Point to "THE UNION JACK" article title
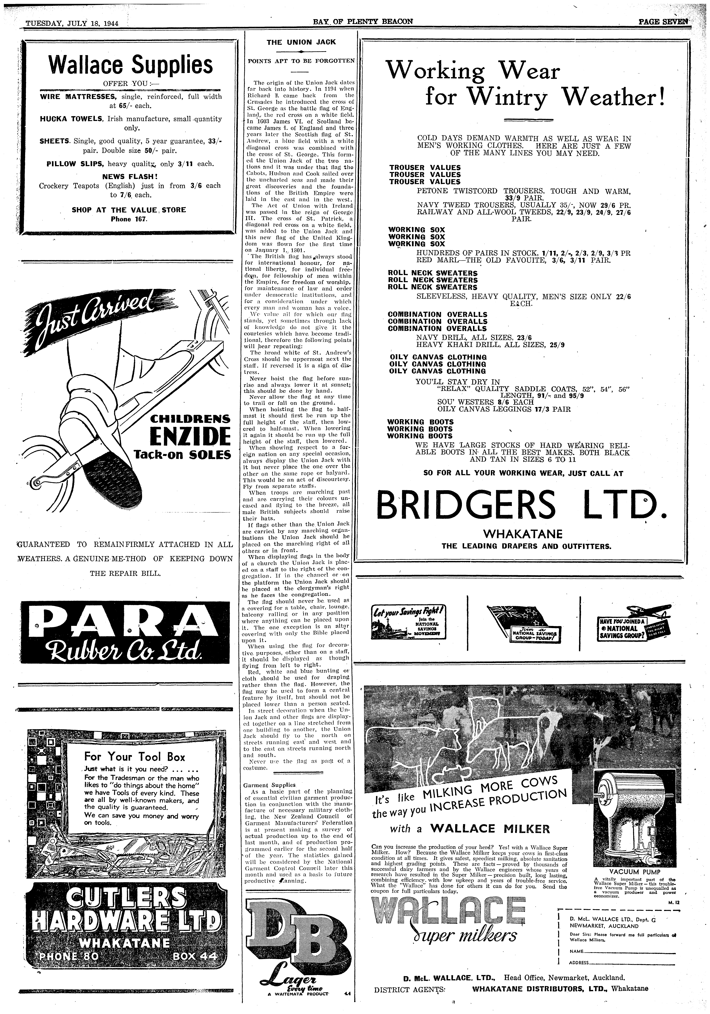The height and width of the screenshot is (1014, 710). click(x=301, y=42)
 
